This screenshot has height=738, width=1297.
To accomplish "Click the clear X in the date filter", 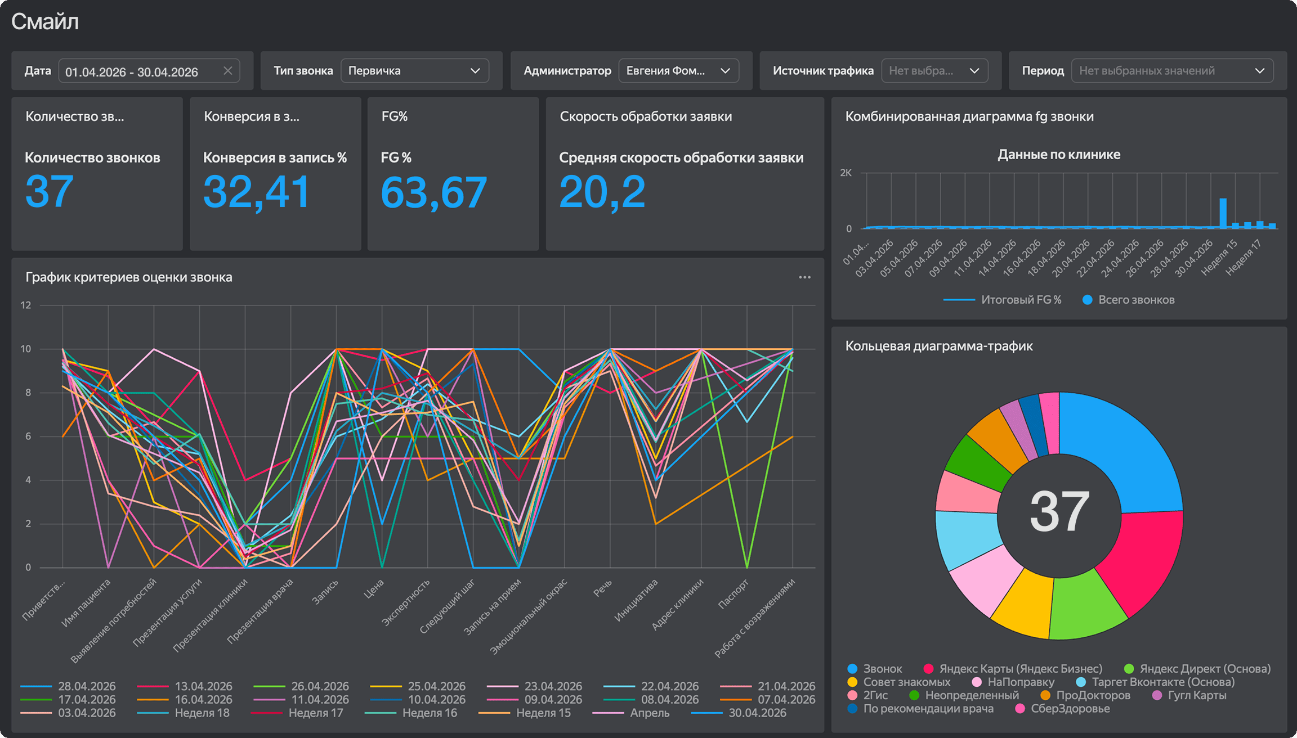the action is coord(227,71).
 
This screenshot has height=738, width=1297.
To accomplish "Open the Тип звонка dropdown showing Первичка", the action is coord(414,71).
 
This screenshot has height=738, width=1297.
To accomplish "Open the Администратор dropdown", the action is coord(678,71).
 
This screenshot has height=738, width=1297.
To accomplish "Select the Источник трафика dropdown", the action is coord(934,71).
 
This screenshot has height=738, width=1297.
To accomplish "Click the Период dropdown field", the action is coord(1172,71).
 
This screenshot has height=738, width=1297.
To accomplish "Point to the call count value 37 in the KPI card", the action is coord(50,191).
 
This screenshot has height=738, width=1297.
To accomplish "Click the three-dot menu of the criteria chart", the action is coord(804,277).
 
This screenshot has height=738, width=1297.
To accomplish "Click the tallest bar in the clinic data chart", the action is coord(1223,213).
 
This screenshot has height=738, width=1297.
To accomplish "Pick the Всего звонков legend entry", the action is coord(1129,300).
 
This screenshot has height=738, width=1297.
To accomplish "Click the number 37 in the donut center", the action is coord(1059,511).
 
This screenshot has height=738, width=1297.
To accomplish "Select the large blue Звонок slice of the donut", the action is coord(1120,450).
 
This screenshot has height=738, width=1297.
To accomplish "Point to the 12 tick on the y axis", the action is coord(26,305).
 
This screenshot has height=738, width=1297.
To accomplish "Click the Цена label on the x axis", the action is coord(374,588).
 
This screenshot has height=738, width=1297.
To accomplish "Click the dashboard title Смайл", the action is coord(45,21).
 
